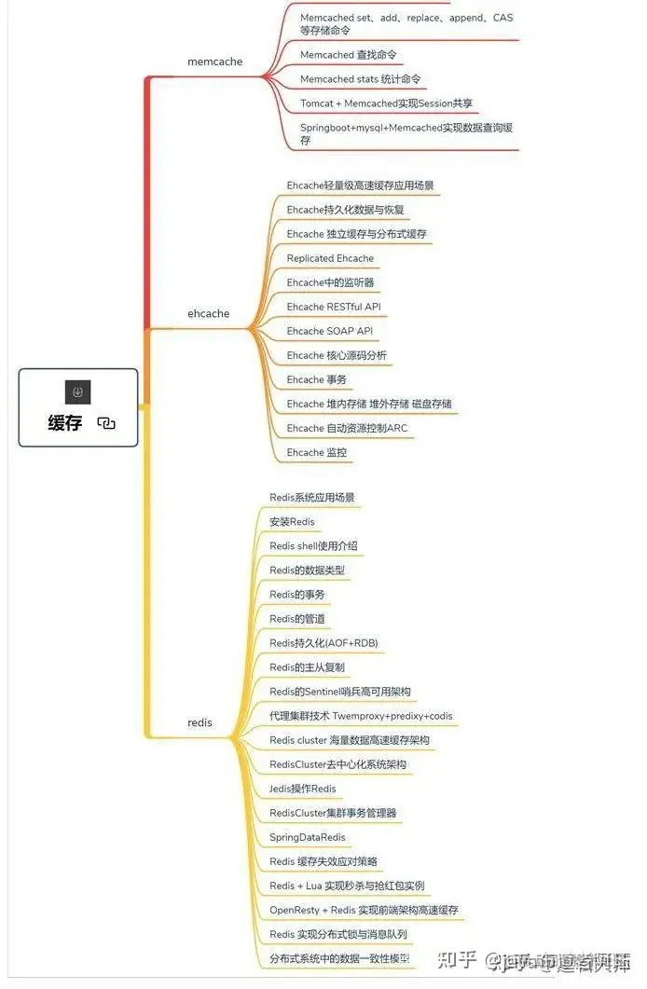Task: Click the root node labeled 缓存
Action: click(65, 423)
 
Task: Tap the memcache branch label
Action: click(214, 62)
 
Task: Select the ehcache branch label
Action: click(208, 314)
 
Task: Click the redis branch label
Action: click(200, 722)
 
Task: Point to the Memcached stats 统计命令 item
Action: click(360, 79)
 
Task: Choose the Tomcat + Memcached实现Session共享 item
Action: click(392, 103)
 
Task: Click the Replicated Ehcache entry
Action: click(330, 258)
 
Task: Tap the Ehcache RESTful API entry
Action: click(334, 307)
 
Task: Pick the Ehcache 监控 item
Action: click(317, 452)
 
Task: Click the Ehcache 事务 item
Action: click(317, 379)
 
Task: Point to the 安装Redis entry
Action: click(292, 521)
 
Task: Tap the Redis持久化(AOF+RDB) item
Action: click(323, 643)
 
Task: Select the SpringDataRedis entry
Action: click(307, 837)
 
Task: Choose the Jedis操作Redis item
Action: click(303, 789)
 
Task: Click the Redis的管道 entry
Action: click(296, 619)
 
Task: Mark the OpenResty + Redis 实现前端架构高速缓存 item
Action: click(364, 910)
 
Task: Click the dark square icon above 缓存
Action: click(78, 392)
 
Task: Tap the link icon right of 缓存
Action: click(106, 423)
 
